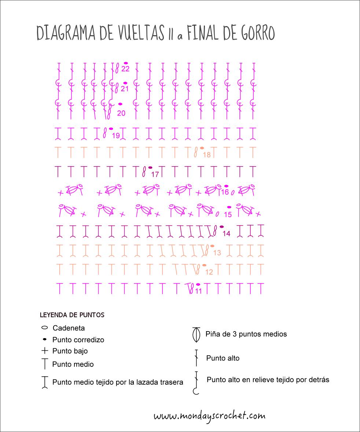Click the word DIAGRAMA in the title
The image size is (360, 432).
pyautogui.click(x=67, y=34)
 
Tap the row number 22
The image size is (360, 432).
pyautogui.click(x=125, y=69)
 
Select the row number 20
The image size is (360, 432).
pyautogui.click(x=121, y=113)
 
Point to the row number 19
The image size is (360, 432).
pyautogui.click(x=115, y=136)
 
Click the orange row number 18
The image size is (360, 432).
pyautogui.click(x=207, y=155)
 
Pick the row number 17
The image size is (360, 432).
pyautogui.click(x=155, y=175)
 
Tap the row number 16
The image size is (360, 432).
pyautogui.click(x=225, y=192)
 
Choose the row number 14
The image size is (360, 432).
pyautogui.click(x=226, y=234)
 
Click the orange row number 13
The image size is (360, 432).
pyautogui.click(x=217, y=253)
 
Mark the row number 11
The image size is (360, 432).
pyautogui.click(x=198, y=291)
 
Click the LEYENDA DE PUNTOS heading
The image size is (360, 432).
pyautogui.click(x=72, y=315)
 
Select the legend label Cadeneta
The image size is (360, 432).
pyautogui.click(x=69, y=328)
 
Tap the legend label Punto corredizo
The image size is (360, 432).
pyautogui.click(x=78, y=340)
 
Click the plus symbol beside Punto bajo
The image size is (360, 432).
pyautogui.click(x=45, y=351)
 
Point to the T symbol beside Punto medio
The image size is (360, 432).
pyautogui.click(x=45, y=364)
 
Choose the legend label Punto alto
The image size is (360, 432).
pyautogui.click(x=223, y=358)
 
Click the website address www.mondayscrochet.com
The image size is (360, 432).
pyautogui.click(x=209, y=416)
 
